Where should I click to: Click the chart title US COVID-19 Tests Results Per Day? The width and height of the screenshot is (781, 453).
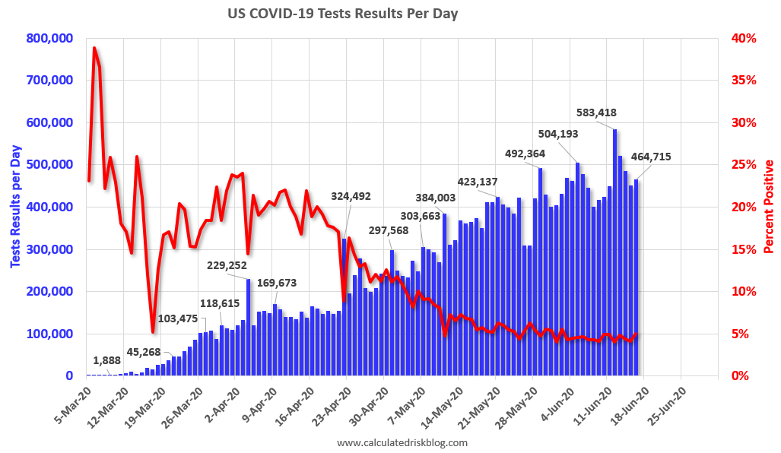(344, 14)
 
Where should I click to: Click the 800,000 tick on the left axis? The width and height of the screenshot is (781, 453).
(49, 38)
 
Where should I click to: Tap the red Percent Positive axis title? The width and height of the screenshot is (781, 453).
(770, 207)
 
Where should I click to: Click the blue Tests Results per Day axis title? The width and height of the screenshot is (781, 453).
(14, 206)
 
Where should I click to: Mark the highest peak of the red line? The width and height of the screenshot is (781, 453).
(94, 48)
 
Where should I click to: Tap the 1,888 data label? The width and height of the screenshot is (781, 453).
(106, 360)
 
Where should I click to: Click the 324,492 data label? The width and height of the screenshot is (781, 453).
(351, 196)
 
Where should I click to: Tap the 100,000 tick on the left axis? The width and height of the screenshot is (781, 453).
(49, 334)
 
